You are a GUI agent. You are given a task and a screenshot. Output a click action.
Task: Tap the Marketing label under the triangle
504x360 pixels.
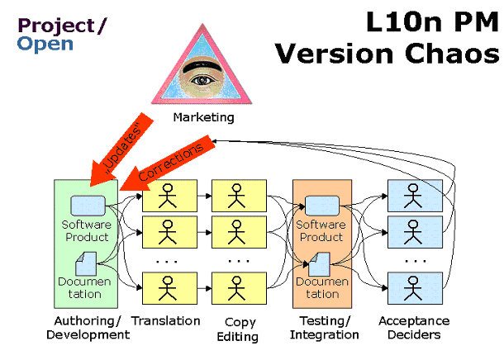tap(203, 118)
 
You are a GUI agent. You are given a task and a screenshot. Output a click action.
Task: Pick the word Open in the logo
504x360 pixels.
tap(45, 44)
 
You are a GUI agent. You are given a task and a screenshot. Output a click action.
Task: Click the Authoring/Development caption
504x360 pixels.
tap(88, 328)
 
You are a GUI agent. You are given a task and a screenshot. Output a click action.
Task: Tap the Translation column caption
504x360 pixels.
tap(166, 320)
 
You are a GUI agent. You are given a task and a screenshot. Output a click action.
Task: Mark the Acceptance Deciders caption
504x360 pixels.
tap(413, 328)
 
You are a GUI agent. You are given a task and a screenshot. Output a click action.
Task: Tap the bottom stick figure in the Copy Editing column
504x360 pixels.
tap(239, 288)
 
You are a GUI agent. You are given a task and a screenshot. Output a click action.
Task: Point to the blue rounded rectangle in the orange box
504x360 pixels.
tap(321, 206)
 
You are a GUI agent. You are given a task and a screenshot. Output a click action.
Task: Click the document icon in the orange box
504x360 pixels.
tap(320, 265)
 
